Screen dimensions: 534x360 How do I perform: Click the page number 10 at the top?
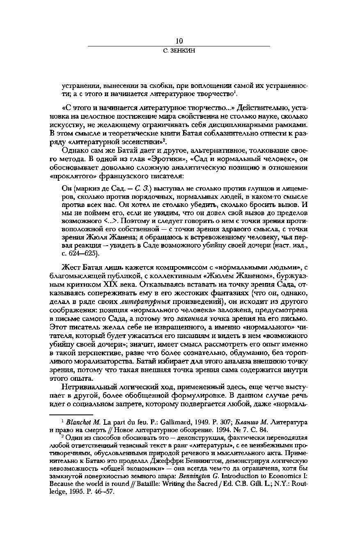(179, 41)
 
